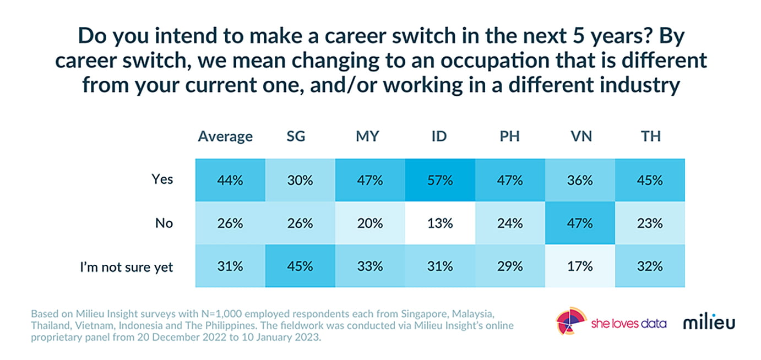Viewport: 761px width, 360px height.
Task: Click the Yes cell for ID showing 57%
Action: pos(439,180)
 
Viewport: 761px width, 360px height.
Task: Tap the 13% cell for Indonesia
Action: pos(439,223)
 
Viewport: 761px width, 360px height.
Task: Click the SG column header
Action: pos(299,137)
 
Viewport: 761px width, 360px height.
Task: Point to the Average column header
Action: pos(225,137)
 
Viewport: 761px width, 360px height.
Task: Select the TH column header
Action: pos(650,137)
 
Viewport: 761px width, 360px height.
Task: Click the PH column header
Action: pos(510,137)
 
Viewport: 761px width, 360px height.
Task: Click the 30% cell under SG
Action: pos(299,180)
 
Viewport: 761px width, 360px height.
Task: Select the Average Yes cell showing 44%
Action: pos(230,180)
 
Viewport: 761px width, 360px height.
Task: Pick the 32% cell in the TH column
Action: pos(650,266)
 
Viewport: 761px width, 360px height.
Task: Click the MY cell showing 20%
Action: pos(369,223)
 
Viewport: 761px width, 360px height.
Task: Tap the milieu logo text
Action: pos(709,323)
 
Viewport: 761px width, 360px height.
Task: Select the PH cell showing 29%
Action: pos(510,266)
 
